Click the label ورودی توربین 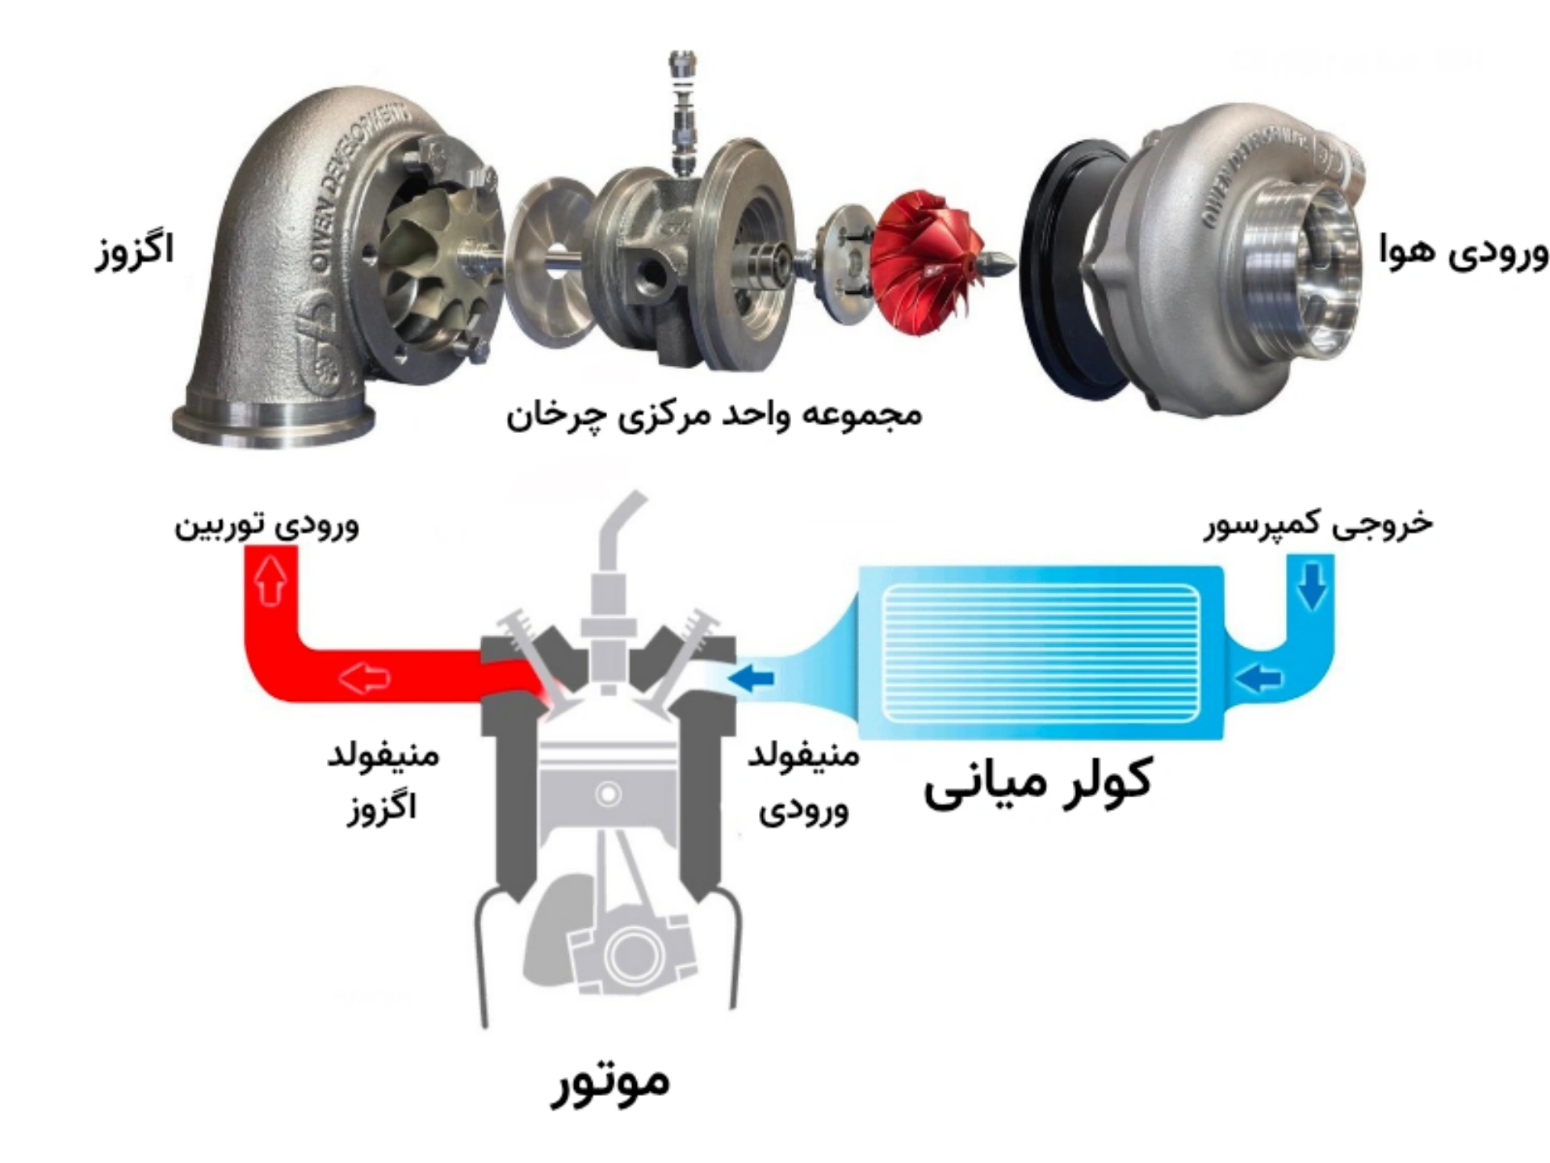point(267,527)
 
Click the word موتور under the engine point(610,1082)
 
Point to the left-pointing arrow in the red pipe point(364,676)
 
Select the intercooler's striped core point(1041,653)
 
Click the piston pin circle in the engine point(608,794)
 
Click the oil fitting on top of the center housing point(683,113)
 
